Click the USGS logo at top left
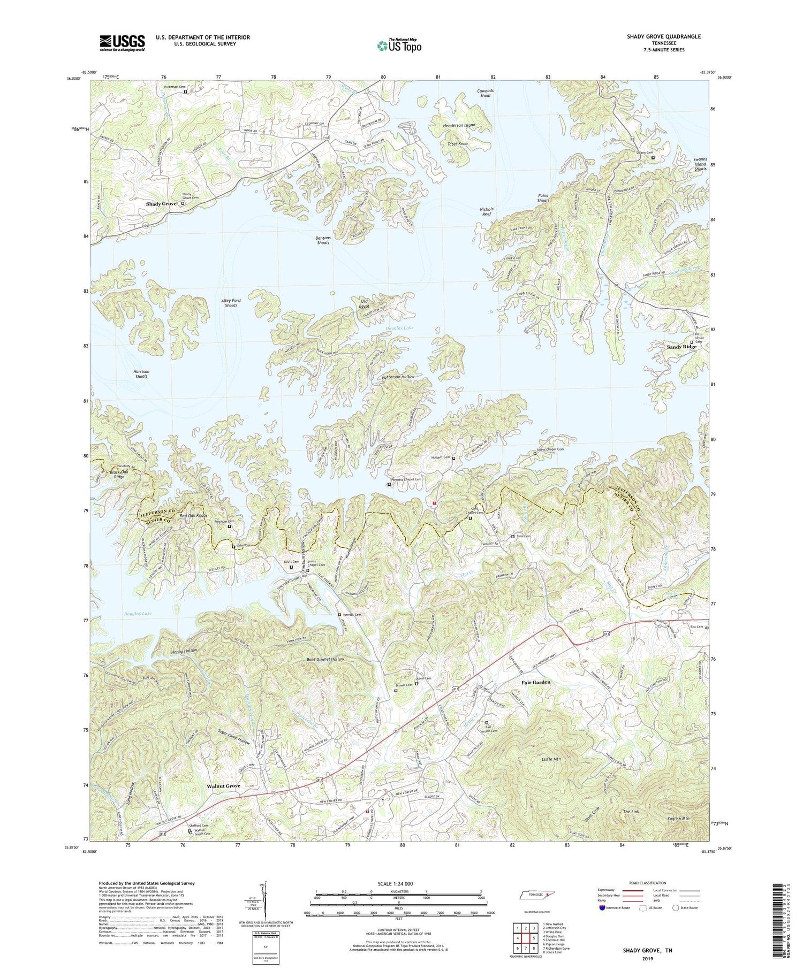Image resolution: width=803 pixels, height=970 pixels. pos(122,43)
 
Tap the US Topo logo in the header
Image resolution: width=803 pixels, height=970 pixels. pos(399,45)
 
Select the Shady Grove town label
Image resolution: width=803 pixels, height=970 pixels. pos(161,204)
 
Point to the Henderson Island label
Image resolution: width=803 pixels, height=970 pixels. pos(459,125)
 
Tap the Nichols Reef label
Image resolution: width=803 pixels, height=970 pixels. pos(486,211)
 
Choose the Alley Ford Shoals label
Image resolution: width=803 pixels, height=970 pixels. pos(231,303)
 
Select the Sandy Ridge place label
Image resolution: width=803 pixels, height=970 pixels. pos(681,347)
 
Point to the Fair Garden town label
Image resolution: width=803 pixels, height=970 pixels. pos(536,682)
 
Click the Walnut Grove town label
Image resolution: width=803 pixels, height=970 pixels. pos(223,785)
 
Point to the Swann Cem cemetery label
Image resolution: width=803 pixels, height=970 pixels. pos(640,158)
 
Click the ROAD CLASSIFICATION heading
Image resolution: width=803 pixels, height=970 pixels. pos(648,883)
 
